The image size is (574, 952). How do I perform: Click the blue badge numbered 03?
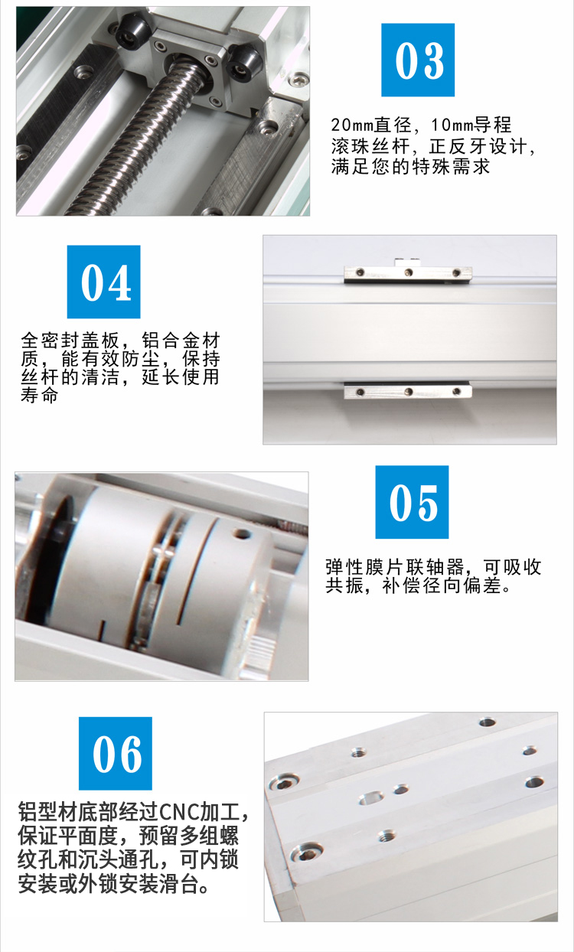[x=418, y=60]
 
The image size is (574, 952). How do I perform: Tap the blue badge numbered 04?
[x=104, y=282]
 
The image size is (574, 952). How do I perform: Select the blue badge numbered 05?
[x=412, y=502]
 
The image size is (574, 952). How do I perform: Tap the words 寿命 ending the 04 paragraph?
[x=39, y=395]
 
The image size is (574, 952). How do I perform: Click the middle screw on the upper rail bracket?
[x=408, y=272]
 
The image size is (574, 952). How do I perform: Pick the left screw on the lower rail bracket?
[x=360, y=392]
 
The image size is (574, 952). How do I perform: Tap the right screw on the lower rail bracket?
[x=456, y=391]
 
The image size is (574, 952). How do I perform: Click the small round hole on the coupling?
[x=241, y=533]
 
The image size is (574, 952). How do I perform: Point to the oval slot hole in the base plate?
[x=371, y=797]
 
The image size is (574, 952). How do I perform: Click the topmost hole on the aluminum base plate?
[x=488, y=722]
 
